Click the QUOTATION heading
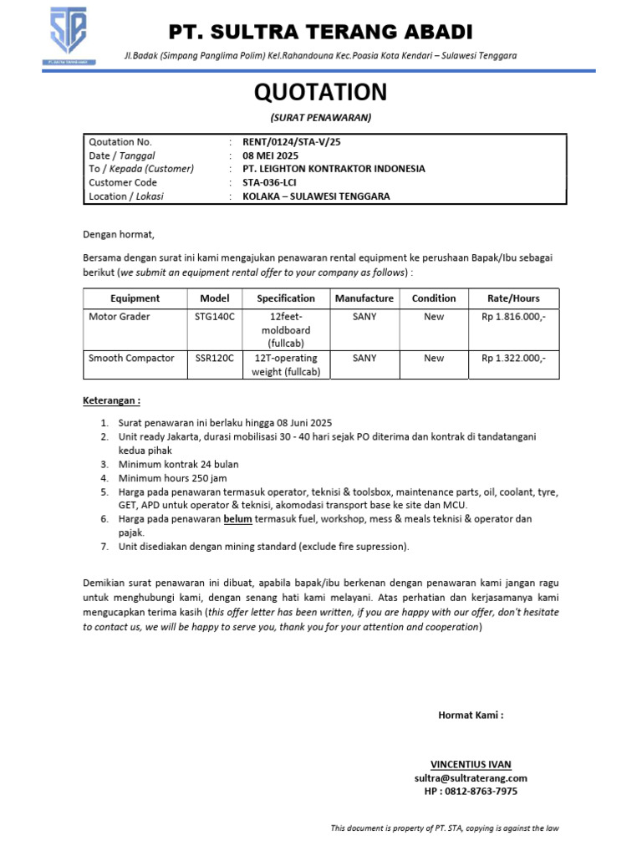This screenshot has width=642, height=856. click(320, 92)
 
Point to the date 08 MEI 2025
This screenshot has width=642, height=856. click(270, 155)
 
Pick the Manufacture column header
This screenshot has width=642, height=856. click(364, 298)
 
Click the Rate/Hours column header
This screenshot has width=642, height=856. click(513, 298)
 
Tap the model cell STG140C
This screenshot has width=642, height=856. click(214, 317)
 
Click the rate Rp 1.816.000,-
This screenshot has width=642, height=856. click(513, 317)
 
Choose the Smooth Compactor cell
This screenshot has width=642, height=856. click(131, 359)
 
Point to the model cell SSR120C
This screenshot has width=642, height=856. click(214, 359)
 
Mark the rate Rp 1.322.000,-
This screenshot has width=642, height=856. click(513, 359)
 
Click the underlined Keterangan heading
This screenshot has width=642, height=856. click(111, 400)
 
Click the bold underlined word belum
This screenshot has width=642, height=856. click(237, 519)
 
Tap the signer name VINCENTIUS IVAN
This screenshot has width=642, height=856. click(471, 764)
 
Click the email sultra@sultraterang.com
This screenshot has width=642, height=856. click(471, 777)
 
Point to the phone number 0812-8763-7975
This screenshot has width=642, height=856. click(481, 791)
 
